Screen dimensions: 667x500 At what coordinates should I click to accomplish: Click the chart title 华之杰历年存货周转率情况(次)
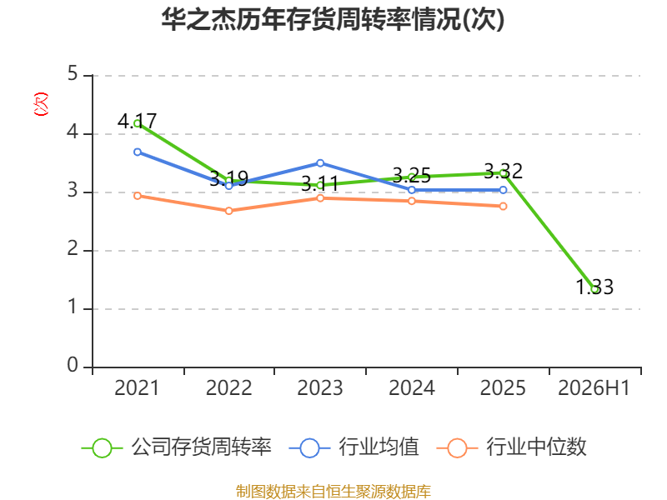click(x=333, y=19)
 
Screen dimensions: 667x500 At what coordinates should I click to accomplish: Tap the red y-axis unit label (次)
click(x=41, y=104)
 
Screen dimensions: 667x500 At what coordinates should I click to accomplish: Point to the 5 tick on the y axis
click(x=73, y=73)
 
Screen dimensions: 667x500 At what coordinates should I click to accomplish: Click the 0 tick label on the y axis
click(x=73, y=365)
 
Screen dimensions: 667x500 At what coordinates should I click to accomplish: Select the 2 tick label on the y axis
click(x=73, y=248)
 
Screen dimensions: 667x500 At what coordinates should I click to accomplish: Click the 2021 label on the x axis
click(x=137, y=387)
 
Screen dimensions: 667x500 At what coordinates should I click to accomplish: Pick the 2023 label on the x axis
click(x=320, y=387)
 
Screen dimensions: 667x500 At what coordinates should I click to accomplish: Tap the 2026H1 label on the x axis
click(x=594, y=387)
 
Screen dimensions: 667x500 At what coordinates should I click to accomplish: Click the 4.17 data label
click(x=137, y=121)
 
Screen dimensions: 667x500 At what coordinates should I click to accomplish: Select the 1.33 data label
click(x=594, y=287)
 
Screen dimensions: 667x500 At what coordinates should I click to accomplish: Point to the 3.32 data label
click(x=504, y=172)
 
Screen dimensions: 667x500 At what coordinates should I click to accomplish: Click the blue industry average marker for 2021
click(x=138, y=152)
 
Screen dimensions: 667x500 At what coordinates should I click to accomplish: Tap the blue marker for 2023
click(x=320, y=163)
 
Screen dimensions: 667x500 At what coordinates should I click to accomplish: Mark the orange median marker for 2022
click(x=228, y=211)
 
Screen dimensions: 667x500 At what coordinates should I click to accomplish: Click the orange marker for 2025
click(x=504, y=206)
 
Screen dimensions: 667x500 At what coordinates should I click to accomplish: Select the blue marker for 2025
click(x=504, y=190)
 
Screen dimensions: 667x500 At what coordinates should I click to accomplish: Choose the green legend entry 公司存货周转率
click(x=176, y=447)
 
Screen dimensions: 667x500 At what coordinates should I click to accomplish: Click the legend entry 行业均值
click(x=354, y=447)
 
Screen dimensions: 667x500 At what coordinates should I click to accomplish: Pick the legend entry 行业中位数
click(x=511, y=447)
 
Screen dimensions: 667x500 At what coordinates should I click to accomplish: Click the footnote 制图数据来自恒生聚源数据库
click(x=333, y=492)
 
